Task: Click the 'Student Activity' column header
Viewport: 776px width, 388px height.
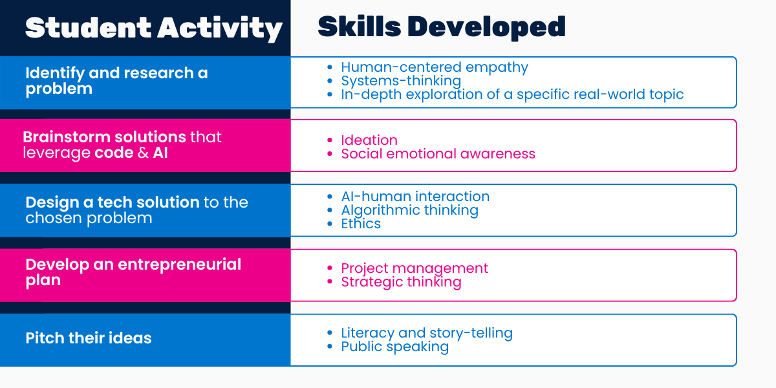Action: point(154,28)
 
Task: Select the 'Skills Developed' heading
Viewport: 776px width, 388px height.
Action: point(441,27)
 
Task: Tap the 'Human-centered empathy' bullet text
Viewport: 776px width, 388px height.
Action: point(435,67)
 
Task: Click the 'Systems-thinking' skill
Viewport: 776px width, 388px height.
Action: point(401,81)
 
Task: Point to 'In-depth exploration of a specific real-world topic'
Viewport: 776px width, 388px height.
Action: point(512,94)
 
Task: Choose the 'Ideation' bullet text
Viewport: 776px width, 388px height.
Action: point(369,140)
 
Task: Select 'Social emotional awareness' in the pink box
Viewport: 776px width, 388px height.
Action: point(438,154)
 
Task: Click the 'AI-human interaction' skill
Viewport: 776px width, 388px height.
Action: point(415,197)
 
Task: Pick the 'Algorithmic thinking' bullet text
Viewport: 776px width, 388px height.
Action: point(410,210)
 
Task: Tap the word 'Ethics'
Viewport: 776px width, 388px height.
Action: point(361,224)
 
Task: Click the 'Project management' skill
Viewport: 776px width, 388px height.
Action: point(415,268)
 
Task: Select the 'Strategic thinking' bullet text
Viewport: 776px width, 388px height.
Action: point(401,282)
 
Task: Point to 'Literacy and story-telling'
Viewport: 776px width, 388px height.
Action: point(427,333)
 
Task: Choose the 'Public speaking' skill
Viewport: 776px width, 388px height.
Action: point(395,347)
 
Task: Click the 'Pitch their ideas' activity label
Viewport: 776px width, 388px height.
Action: point(89,338)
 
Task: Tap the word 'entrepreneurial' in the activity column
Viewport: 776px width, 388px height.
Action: point(180,265)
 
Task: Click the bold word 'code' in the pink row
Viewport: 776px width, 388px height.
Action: point(114,153)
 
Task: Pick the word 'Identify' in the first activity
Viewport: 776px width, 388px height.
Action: point(55,74)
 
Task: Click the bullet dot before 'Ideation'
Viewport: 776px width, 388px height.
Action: point(329,140)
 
